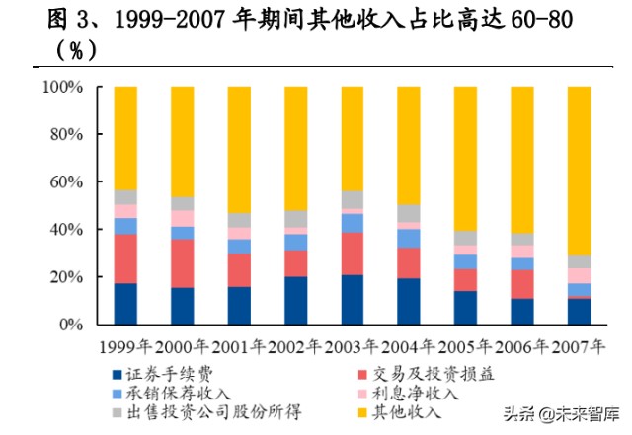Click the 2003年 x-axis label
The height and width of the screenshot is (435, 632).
tap(353, 348)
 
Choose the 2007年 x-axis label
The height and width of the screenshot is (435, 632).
tap(579, 348)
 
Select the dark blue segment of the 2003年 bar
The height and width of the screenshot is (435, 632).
tap(353, 299)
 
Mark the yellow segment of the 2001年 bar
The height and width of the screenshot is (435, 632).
tap(239, 149)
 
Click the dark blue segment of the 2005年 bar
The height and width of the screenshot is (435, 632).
tap(466, 307)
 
